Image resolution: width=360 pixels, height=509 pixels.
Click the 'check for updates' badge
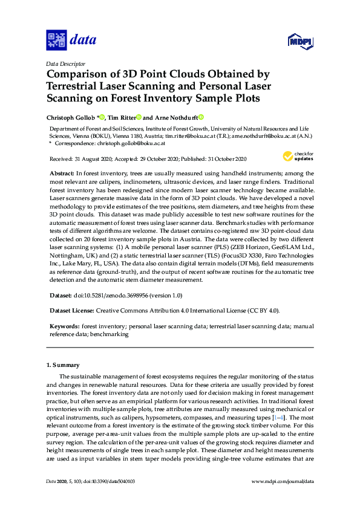[x=296, y=157]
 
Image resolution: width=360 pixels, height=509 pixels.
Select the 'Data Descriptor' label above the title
[x=66, y=63]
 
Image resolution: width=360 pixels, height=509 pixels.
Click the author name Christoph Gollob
[x=71, y=117]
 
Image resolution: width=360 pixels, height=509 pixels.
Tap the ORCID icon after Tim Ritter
[x=139, y=117]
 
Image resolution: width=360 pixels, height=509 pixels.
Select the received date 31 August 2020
[x=90, y=159]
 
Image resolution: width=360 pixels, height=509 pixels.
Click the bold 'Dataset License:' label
[x=73, y=311]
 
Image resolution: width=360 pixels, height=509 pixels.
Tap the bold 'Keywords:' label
[x=65, y=326]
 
